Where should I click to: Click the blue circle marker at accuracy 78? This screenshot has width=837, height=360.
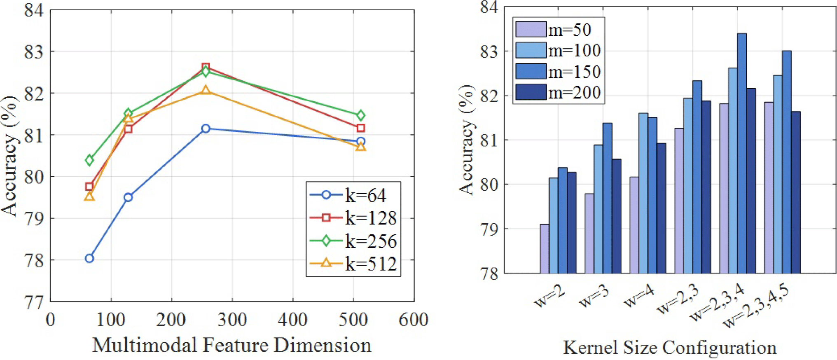[x=89, y=258]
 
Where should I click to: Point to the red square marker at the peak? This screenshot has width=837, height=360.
[x=206, y=67]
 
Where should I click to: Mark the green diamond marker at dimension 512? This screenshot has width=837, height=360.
[x=360, y=115]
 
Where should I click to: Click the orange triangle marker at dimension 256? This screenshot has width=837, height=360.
[x=206, y=90]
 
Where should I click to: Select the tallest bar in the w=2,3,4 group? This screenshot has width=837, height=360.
[x=742, y=152]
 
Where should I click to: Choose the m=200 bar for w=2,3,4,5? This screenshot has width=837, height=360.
[x=795, y=192]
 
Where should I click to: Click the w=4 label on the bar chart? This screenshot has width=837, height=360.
[x=639, y=296]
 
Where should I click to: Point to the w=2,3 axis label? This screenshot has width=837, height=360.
[x=677, y=299]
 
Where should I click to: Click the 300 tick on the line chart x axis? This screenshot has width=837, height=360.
[x=232, y=320]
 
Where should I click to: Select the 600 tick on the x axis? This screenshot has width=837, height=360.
[x=414, y=320]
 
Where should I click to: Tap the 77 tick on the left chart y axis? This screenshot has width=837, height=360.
[x=34, y=302]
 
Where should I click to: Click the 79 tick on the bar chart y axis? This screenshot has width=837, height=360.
[x=489, y=229]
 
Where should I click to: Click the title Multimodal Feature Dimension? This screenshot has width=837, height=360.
[x=231, y=345]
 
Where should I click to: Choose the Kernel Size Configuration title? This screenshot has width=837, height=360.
[x=670, y=347]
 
